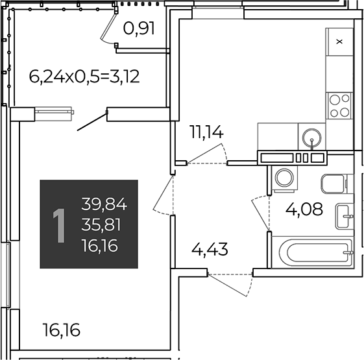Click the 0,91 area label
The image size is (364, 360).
click(x=139, y=29)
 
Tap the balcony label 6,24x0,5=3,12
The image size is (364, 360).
click(x=84, y=77)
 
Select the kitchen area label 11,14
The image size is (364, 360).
click(x=206, y=132)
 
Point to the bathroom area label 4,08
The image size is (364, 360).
click(x=304, y=209)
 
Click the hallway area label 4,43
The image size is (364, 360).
click(x=210, y=249)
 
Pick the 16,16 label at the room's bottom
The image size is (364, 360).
click(x=62, y=330)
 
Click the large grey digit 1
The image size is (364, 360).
click(x=59, y=226)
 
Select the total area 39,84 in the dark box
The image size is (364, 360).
click(x=104, y=204)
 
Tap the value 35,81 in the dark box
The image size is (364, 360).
click(x=101, y=224)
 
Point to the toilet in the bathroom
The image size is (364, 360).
click(x=334, y=184)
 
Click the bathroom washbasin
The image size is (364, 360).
click(x=345, y=216)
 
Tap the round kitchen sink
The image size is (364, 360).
click(x=311, y=136)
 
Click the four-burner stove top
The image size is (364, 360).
click(x=339, y=106)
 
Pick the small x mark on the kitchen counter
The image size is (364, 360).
click(x=339, y=42)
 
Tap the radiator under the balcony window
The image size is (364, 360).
click(x=54, y=112)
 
